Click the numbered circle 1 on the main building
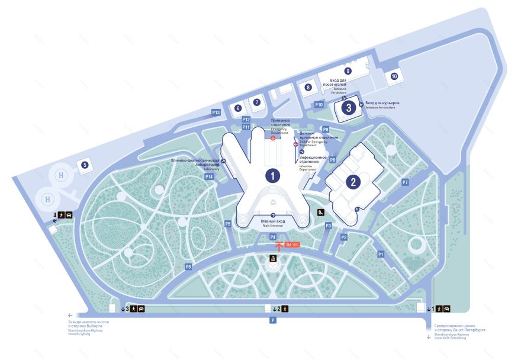[272, 175]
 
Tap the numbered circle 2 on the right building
[353, 182]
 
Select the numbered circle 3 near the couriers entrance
[349, 108]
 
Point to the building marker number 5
[85, 165]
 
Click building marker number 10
[394, 76]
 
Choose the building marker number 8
[308, 88]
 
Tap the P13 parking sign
[216, 112]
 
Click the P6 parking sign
[188, 267]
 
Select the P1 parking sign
[381, 254]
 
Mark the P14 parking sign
[208, 176]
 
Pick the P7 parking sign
[406, 182]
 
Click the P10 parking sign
[319, 105]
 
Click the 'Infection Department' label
[313, 160]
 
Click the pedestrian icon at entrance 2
[285, 308]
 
